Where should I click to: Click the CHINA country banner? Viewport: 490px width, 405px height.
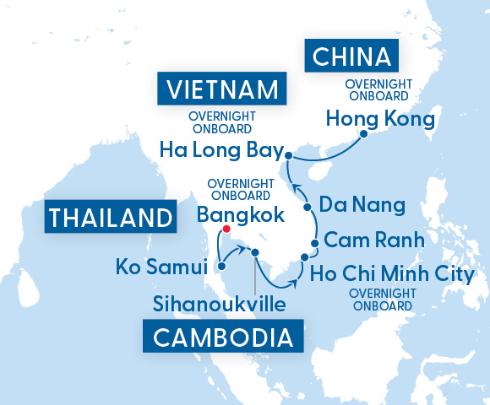[352, 57]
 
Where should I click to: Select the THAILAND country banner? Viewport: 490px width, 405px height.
[111, 217]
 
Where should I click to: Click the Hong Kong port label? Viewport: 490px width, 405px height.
[380, 118]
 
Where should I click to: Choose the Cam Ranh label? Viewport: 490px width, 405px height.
[373, 240]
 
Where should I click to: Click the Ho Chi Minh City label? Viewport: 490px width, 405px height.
[392, 274]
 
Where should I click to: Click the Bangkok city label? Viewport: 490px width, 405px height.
[240, 215]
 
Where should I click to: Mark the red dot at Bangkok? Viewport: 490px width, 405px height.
[226, 228]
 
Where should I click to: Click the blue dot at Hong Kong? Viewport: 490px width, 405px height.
[363, 133]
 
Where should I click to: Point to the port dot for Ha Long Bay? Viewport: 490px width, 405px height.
[289, 156]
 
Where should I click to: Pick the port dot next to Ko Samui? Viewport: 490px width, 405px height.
[221, 267]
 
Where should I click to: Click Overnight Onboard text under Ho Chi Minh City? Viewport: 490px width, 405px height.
[382, 299]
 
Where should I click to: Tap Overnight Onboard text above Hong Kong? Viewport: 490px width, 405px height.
[378, 90]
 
